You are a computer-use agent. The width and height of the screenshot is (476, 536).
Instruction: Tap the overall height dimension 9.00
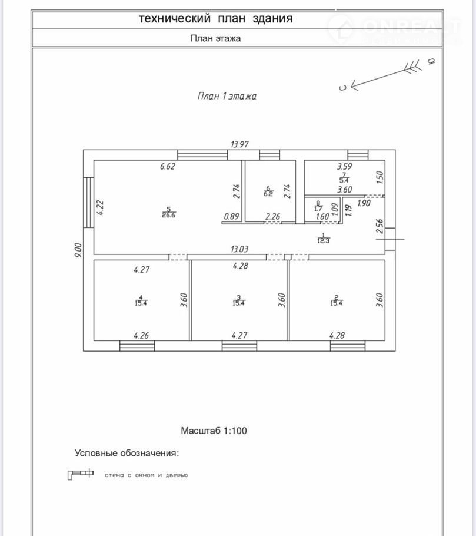[x=78, y=250]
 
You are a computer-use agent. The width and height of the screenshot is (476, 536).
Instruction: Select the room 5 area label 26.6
[x=169, y=215]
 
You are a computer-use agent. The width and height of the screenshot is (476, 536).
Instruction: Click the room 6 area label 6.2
[x=268, y=193]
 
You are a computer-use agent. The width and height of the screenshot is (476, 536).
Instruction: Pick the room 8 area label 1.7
[x=318, y=208]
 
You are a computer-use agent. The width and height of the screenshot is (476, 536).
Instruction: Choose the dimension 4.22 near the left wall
[x=100, y=208]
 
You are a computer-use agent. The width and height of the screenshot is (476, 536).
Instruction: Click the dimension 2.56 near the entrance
[x=380, y=226]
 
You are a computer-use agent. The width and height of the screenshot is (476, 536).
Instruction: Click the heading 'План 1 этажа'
[x=227, y=96]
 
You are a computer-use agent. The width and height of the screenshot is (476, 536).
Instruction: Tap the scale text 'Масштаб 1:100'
[x=214, y=431]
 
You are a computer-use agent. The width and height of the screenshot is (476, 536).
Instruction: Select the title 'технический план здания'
[x=215, y=19]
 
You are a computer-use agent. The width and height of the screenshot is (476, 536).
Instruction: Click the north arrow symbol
[x=388, y=74]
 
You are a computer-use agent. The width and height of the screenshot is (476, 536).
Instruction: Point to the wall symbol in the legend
[x=81, y=474]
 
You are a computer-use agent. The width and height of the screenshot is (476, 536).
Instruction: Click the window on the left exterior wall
[x=88, y=203]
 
